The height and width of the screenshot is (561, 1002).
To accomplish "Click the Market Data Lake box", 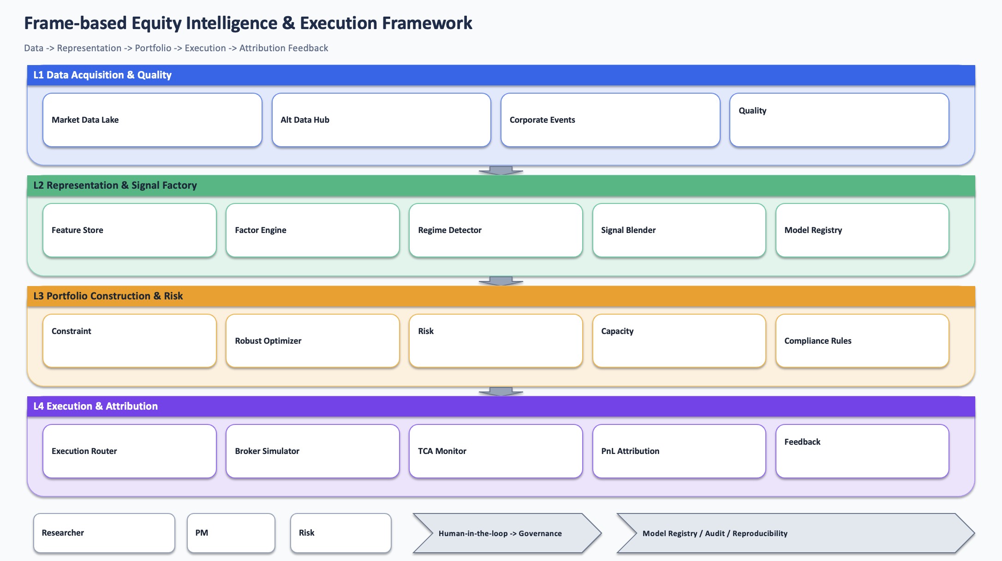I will pos(152,120).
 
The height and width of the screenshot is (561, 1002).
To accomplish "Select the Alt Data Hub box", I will pos(381,120).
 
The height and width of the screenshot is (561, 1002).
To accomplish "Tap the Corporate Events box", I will pos(610,120).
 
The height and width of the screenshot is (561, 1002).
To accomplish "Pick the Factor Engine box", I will pos(312,230).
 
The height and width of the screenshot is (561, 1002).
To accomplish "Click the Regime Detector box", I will pos(495,230).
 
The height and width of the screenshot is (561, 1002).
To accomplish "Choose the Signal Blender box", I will pos(679,230).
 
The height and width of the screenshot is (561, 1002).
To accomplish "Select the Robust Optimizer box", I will pos(312,341).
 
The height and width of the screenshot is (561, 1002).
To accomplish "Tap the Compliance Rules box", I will pos(862,341).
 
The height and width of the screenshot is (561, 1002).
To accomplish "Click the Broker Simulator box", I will pos(312,451).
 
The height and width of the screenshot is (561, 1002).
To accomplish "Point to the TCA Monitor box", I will pos(495,451).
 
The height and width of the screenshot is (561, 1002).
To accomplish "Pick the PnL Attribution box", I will pos(679,451).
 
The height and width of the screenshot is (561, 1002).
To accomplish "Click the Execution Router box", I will pos(129,451).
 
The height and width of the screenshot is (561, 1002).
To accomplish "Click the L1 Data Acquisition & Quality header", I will pos(501,75).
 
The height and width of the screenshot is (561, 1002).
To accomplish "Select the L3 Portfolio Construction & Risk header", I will pos(501,296).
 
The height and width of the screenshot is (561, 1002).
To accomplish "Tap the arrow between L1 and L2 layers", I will pos(501,170).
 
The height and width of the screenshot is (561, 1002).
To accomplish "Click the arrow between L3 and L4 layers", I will pos(501,391).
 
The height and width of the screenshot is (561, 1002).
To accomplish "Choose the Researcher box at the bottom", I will pos(104,533).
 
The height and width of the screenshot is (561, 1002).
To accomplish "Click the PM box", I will pos(231,533).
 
